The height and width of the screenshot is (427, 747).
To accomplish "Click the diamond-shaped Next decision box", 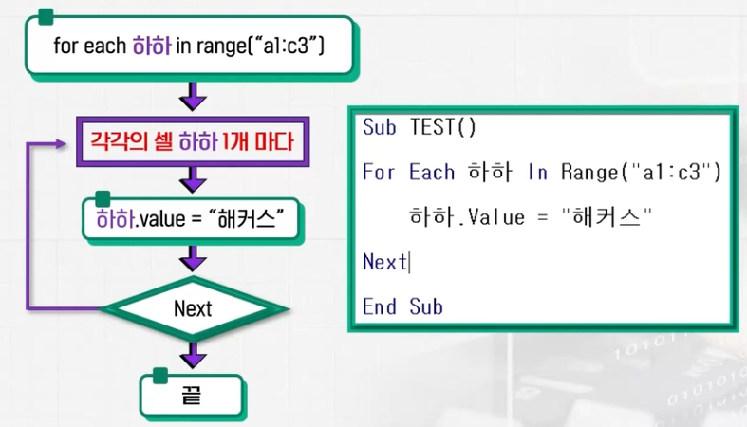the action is (x=193, y=308).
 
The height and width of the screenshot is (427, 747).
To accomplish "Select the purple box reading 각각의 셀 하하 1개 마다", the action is (x=194, y=144).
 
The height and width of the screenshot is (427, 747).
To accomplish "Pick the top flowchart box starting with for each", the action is (x=190, y=46).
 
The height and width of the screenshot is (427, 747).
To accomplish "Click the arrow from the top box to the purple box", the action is (x=193, y=97).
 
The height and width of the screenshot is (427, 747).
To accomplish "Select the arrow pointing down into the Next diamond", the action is (x=193, y=259).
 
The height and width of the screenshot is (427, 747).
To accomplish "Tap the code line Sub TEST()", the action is (x=419, y=128).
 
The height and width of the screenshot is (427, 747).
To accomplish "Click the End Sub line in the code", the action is (x=402, y=306).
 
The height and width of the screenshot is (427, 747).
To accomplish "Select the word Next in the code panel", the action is (x=383, y=262).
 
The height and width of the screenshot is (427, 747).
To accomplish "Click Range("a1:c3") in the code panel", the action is (x=642, y=173).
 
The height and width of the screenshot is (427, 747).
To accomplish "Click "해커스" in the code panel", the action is (x=608, y=217).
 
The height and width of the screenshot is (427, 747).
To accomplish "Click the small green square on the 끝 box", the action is (x=159, y=376).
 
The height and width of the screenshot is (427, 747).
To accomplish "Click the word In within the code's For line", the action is (x=537, y=173).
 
